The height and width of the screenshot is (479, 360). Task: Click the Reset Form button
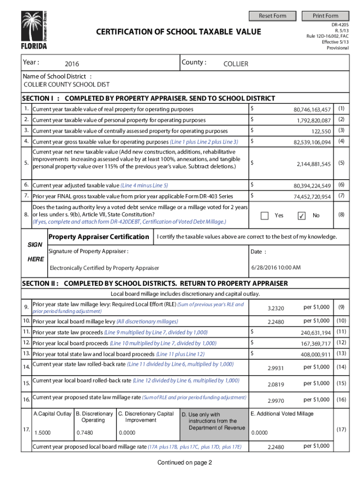pos(273,16)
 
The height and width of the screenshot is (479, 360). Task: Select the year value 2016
pos(72,64)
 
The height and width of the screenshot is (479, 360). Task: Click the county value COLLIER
pos(236,64)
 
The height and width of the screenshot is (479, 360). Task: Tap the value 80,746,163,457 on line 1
pos(312,109)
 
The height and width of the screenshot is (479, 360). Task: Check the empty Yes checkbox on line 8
pos(265,216)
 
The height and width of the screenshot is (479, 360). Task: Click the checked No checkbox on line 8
pos(302,216)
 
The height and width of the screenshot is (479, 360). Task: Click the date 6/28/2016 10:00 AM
pos(276,268)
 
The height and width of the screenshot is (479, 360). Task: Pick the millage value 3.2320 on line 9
pos(275,308)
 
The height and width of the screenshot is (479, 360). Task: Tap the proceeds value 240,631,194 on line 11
pos(316,333)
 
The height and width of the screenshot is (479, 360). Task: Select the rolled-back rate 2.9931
pos(275,368)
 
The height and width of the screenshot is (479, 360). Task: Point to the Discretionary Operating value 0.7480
pos(84,433)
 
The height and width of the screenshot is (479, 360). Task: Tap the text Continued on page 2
pos(185,463)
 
